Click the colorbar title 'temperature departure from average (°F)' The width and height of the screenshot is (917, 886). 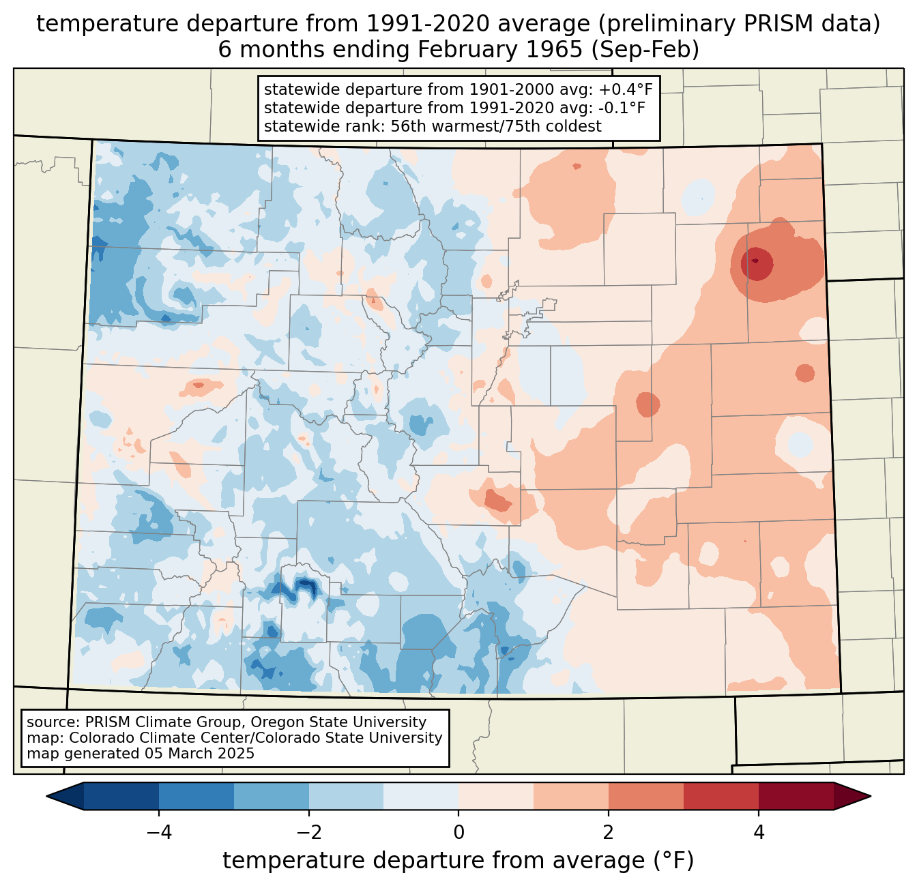(x=458, y=861)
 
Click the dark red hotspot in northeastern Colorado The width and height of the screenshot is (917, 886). (x=755, y=261)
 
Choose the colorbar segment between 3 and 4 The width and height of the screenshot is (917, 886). (x=721, y=796)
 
